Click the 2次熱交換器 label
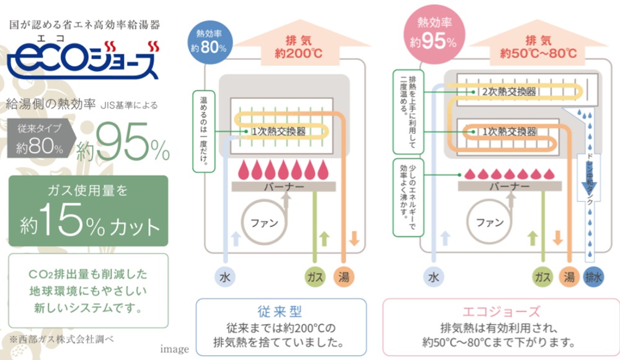coord(509,92)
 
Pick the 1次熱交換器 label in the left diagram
coord(279,132)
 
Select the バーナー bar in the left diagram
coord(283,185)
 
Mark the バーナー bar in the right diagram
coord(509,185)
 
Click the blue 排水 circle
coord(593,277)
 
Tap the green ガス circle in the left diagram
coord(315,277)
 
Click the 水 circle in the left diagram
coord(224,277)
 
